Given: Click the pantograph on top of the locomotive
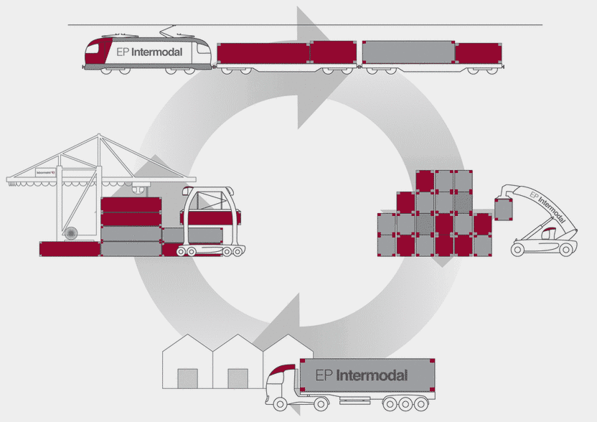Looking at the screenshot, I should tap(170, 32).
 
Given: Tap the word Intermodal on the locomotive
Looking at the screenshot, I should tap(158, 52).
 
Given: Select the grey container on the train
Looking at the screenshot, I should tap(408, 52).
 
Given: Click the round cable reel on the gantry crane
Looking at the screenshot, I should tap(70, 233).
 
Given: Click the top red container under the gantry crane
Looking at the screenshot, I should tap(131, 205).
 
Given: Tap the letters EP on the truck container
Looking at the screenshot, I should tap(324, 375).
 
